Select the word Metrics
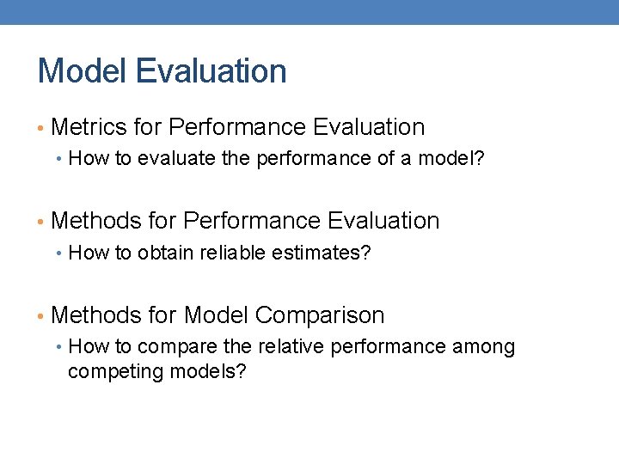[89, 127]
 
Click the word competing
[107, 373]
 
